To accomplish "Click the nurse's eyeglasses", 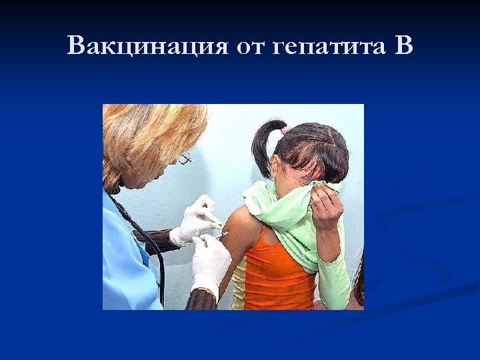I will pyautogui.click(x=184, y=159).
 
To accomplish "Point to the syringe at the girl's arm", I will pyautogui.click(x=218, y=235).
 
